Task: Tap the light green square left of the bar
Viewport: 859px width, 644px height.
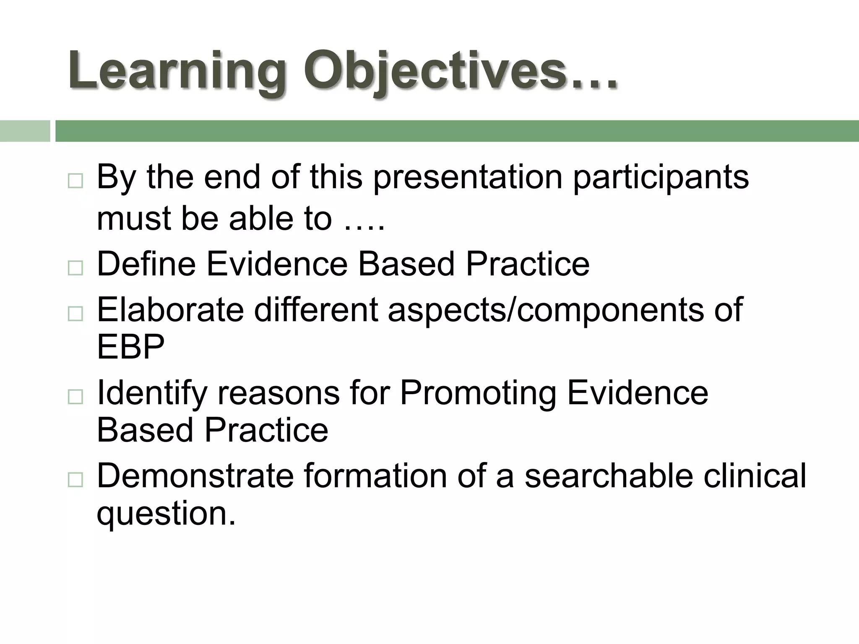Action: tap(25, 131)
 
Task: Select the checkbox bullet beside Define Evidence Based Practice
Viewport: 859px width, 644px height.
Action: tap(75, 267)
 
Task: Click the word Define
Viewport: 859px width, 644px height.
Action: tap(146, 264)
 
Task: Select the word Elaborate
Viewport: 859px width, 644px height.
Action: tap(170, 310)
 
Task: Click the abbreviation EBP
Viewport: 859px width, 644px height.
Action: tap(130, 347)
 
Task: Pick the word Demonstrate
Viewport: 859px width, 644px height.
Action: tap(195, 476)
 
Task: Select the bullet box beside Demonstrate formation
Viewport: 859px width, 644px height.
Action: tap(75, 479)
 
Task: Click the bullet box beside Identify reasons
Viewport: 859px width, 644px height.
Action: tap(75, 396)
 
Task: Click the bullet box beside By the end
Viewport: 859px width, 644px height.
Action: tap(75, 181)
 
